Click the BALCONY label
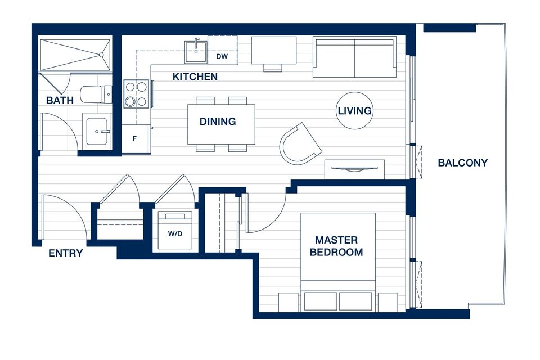(x=462, y=163)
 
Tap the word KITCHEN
(x=195, y=76)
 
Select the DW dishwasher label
(x=222, y=56)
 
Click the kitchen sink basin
(x=196, y=52)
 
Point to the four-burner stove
(x=136, y=94)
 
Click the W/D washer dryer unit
(x=175, y=229)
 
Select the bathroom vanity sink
(x=97, y=131)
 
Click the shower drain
(x=101, y=55)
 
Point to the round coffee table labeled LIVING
(x=354, y=111)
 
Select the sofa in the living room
(x=354, y=58)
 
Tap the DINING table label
(x=218, y=121)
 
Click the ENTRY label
(x=65, y=253)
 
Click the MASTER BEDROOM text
(x=336, y=246)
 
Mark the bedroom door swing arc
(x=277, y=220)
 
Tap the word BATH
(x=60, y=100)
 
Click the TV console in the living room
(x=355, y=169)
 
